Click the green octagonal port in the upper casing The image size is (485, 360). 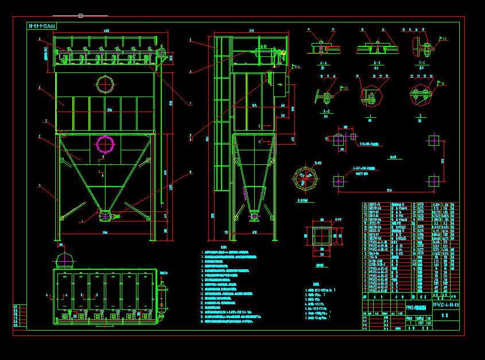105,84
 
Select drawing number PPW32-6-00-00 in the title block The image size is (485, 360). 445,304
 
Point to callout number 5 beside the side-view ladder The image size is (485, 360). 190,40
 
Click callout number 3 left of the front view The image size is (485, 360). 39,88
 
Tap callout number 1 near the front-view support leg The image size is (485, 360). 39,185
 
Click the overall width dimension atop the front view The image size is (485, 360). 106,30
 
